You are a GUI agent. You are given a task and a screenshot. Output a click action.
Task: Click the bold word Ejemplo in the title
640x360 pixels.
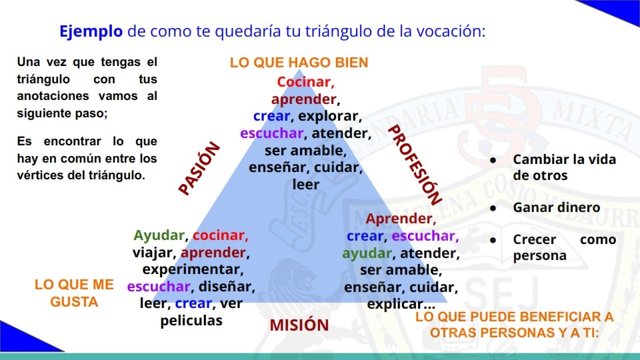[91, 31]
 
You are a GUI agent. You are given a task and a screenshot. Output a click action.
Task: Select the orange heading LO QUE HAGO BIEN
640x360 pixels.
[299, 63]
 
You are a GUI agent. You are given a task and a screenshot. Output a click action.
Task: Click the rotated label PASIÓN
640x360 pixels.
[199, 168]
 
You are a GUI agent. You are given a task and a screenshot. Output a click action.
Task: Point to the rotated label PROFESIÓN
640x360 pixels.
[415, 165]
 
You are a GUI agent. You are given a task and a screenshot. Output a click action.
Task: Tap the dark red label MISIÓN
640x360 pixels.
[299, 325]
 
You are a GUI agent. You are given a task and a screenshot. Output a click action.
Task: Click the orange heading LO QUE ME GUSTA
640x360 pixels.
[74, 293]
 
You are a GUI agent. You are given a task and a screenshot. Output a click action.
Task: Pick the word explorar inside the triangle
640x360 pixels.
[329, 116]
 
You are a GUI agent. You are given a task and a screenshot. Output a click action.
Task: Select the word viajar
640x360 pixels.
[153, 253]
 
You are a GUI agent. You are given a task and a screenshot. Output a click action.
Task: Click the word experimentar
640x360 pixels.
[192, 270]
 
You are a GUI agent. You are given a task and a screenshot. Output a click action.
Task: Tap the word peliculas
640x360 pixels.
[191, 321]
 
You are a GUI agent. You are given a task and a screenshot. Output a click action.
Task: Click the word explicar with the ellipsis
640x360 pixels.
[401, 304]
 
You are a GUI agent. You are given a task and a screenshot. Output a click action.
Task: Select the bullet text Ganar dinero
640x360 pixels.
[556, 207]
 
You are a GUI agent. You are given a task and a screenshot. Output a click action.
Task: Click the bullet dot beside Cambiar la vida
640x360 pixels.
[493, 161]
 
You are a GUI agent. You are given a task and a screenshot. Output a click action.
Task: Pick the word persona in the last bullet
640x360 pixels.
[539, 256]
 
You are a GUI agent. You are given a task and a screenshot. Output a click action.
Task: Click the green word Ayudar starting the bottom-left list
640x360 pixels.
[159, 235]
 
